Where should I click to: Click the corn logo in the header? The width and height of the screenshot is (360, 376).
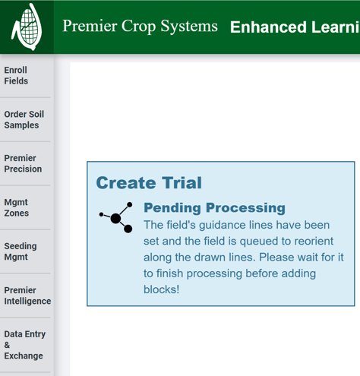pos(27,27)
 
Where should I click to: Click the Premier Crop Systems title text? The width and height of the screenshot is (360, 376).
pos(140,26)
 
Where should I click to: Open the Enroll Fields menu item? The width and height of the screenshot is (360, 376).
pos(16,75)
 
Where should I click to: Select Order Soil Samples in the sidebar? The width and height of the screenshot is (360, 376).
pos(24,119)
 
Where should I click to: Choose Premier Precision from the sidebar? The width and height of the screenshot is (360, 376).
pos(23,163)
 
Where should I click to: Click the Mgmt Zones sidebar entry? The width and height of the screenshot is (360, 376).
pos(17,207)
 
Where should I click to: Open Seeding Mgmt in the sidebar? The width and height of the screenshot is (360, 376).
pos(21,251)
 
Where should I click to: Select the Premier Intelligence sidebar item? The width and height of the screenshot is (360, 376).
pos(27,295)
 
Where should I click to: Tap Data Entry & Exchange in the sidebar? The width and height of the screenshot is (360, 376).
pos(25,344)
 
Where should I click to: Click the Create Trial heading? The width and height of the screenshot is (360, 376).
pos(149,182)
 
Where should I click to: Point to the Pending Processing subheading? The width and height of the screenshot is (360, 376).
pos(214,207)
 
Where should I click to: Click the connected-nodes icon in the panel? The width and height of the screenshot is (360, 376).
pos(116,217)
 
